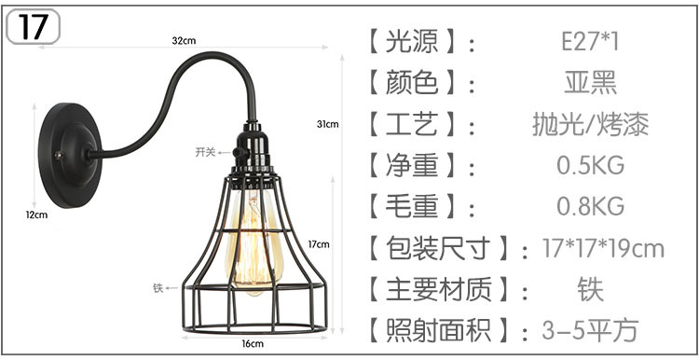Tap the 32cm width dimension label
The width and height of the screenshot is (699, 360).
pyautogui.click(x=184, y=40)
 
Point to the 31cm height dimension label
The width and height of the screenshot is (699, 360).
pyautogui.click(x=327, y=124)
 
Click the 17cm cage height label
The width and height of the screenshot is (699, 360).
pyautogui.click(x=319, y=245)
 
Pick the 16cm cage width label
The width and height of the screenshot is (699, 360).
pyautogui.click(x=253, y=344)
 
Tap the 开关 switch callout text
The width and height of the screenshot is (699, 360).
pyautogui.click(x=205, y=151)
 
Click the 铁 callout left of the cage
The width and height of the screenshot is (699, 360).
pyautogui.click(x=158, y=288)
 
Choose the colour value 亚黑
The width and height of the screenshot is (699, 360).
pyautogui.click(x=590, y=83)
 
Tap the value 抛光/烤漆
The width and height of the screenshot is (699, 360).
pyautogui.click(x=590, y=124)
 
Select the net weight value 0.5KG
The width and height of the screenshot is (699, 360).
pyautogui.click(x=590, y=166)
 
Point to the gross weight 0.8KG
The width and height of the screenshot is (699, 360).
pyautogui.click(x=590, y=206)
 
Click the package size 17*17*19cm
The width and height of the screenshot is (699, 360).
pyautogui.click(x=603, y=248)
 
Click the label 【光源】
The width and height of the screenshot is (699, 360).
pyautogui.click(x=412, y=43)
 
